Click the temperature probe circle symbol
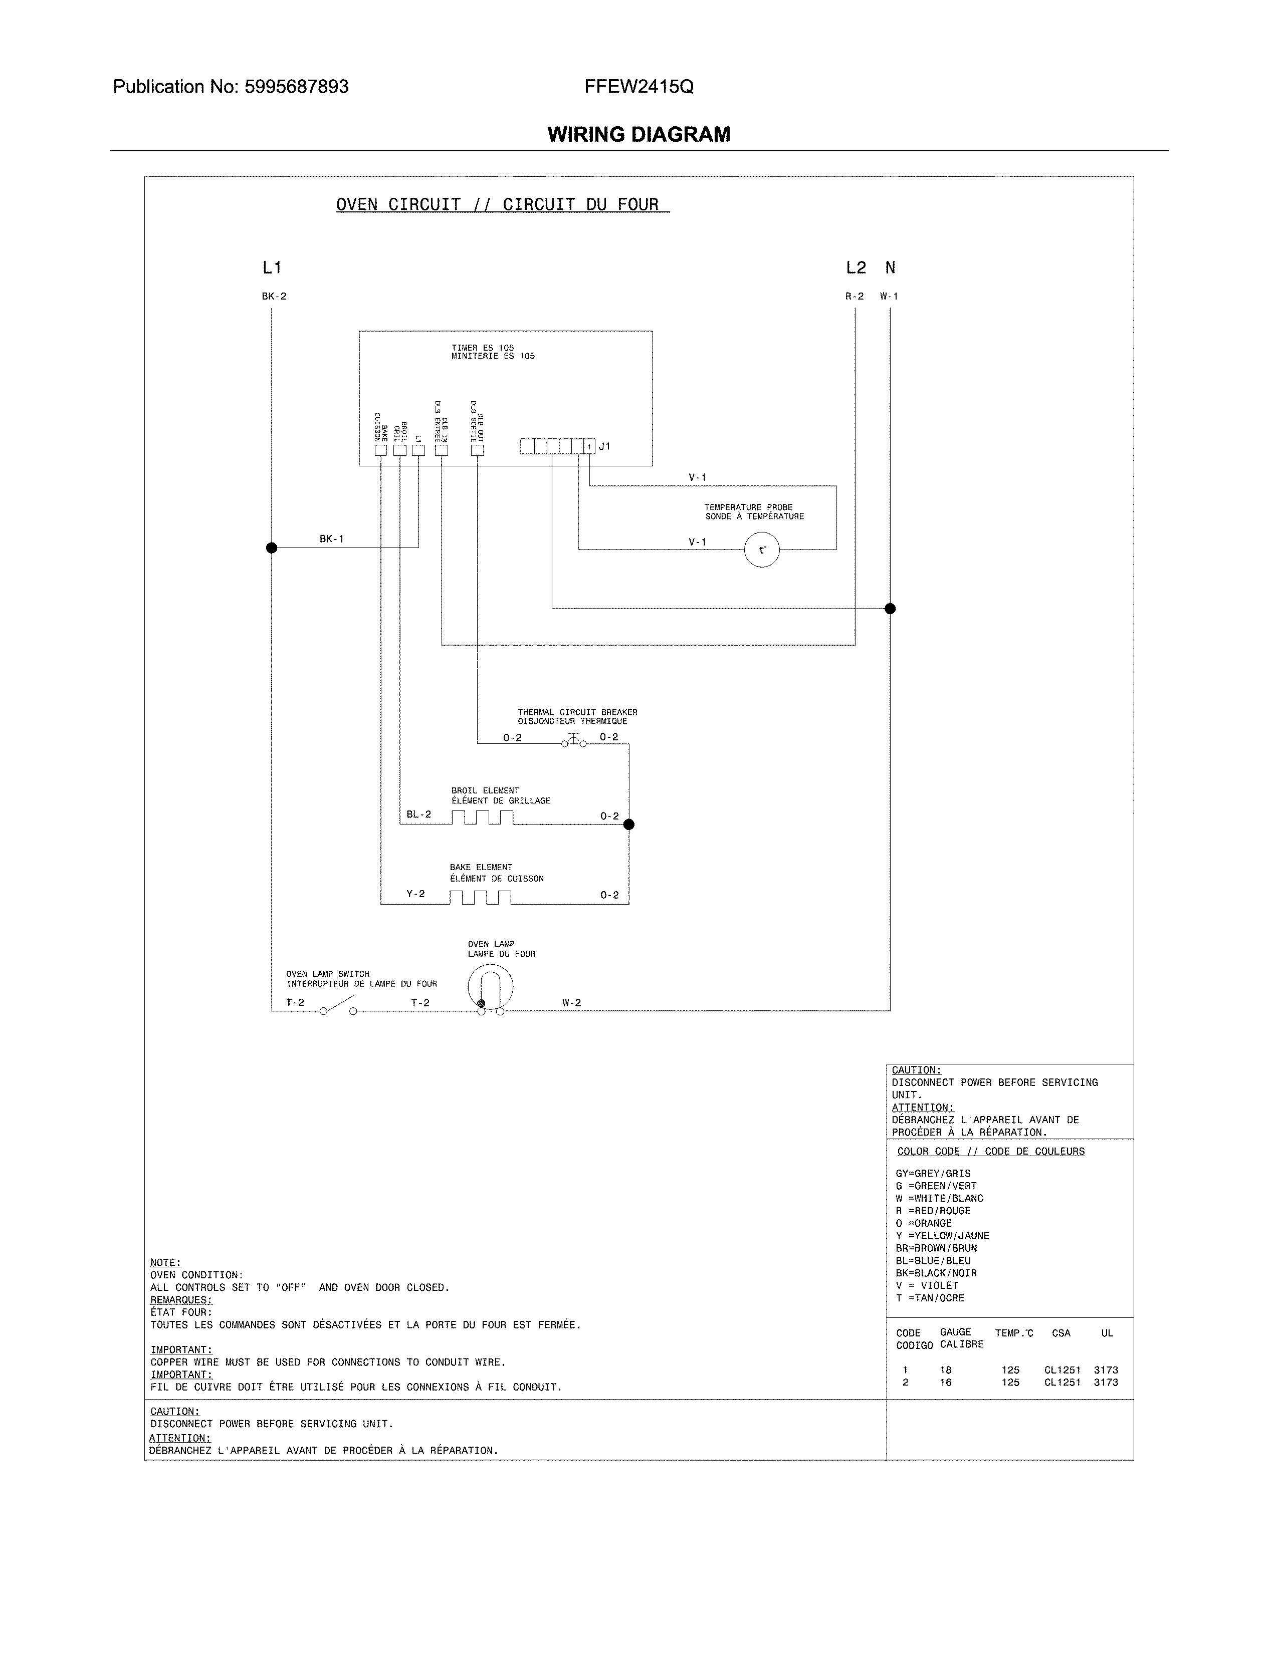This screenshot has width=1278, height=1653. [762, 550]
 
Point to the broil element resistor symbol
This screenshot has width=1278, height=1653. [482, 817]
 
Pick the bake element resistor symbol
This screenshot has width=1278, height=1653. [480, 898]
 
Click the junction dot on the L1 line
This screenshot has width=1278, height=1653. [272, 548]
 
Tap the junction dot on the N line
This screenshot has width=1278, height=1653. [891, 609]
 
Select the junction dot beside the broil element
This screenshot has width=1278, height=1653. [628, 824]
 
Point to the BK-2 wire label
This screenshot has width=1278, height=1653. [274, 297]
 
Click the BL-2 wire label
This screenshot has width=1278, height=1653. [418, 814]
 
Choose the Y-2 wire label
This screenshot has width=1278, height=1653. [415, 894]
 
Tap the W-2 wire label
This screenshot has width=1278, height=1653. [572, 1003]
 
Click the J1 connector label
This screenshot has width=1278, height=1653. [604, 446]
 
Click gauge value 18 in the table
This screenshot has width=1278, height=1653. [946, 1370]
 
